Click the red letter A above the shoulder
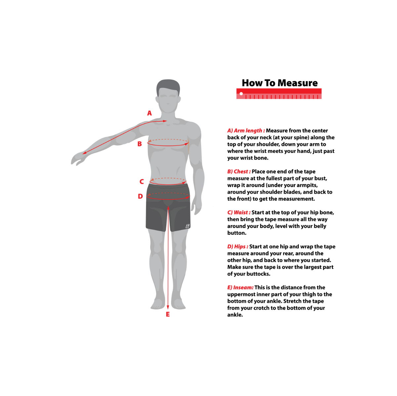[x=149, y=113]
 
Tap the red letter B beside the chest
[x=140, y=144]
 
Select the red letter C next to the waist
[x=142, y=181]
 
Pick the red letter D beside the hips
[x=140, y=196]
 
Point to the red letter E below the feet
[x=168, y=314]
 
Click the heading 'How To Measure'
[x=280, y=83]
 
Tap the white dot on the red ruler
[x=241, y=94]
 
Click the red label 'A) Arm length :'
[x=246, y=131]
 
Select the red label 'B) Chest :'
[x=239, y=171]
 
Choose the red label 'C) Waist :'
[x=239, y=212]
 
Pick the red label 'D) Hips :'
[x=238, y=247]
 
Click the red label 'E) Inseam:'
[x=241, y=288]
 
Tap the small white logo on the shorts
[x=188, y=226]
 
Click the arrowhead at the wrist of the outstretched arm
[x=84, y=153]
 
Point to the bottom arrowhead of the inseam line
[x=168, y=307]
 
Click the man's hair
[x=168, y=86]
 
